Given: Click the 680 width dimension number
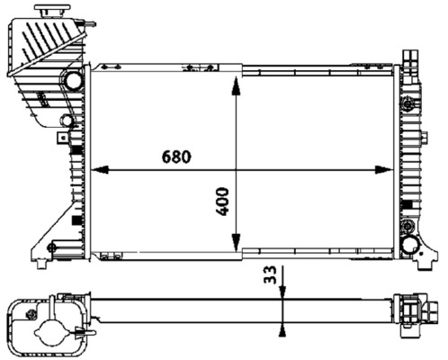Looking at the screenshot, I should coord(176,156).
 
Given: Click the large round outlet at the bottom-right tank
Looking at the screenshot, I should coord(410,244).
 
